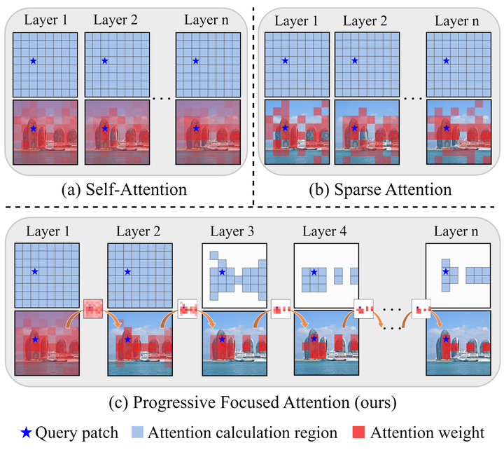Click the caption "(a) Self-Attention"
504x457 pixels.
123,189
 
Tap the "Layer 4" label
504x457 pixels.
325,231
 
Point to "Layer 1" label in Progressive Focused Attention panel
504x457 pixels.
46,231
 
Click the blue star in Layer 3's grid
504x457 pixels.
222,271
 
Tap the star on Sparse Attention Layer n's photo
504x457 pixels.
447,129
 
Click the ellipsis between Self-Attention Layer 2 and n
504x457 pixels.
161,99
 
